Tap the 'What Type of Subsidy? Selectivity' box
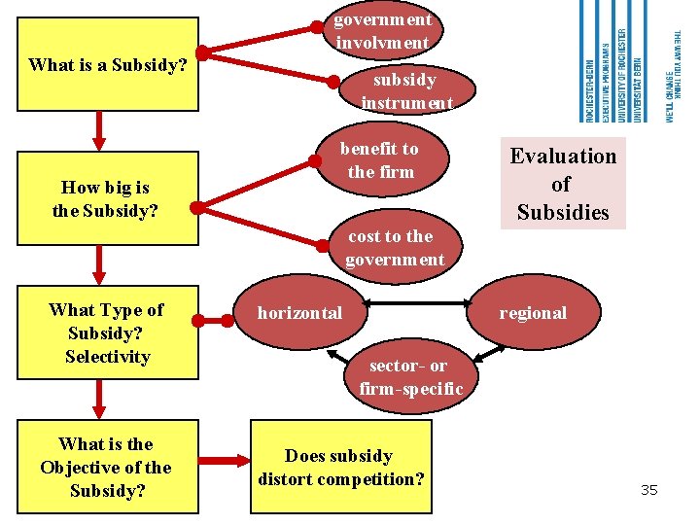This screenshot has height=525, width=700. click(108, 332)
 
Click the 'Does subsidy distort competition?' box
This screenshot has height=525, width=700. click(339, 467)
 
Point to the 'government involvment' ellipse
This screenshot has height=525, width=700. click(382, 31)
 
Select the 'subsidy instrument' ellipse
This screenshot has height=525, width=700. click(406, 91)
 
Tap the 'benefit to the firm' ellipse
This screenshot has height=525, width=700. click(379, 160)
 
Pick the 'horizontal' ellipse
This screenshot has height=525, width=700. click(299, 313)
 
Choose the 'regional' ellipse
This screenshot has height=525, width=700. click(532, 313)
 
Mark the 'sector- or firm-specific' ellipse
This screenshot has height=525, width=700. click(410, 377)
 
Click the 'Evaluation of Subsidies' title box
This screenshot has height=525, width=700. click(563, 184)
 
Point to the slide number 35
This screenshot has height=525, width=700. click(648, 490)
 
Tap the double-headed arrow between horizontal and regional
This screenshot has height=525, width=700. click(418, 304)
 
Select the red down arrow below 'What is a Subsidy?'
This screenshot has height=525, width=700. click(99, 129)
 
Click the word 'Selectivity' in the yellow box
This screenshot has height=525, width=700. click(108, 357)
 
